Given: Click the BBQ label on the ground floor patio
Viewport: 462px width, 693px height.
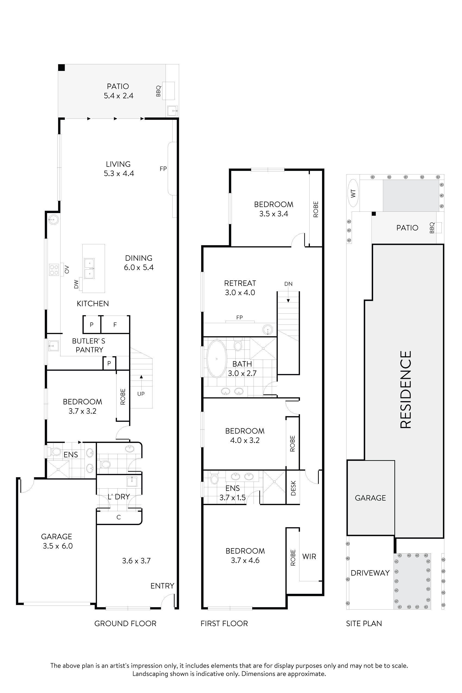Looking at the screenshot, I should (158, 91).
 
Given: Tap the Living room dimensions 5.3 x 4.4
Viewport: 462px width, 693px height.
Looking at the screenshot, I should (119, 174).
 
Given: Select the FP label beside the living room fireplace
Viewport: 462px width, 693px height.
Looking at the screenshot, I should (163, 169).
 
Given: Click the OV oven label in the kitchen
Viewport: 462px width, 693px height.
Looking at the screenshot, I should (67, 269).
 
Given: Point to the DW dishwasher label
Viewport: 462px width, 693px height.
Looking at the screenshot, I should (76, 284).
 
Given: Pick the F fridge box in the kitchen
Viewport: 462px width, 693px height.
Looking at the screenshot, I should (115, 325).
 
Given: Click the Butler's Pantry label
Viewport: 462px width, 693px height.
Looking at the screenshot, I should (89, 345).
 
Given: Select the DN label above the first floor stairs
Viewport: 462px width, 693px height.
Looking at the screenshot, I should (288, 284).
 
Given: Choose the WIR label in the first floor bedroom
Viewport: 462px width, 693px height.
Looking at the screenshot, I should (309, 557).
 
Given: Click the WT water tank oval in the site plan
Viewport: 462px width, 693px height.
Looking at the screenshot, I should (354, 193).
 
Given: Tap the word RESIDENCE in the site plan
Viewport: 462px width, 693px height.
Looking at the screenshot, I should (406, 389).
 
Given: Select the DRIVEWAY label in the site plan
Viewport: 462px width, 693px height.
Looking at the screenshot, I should (370, 573).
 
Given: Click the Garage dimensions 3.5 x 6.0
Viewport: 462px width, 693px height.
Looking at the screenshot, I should (57, 546).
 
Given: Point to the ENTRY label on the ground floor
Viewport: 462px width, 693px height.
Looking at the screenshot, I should (162, 586).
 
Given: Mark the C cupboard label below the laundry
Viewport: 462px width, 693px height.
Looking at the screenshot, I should (118, 517).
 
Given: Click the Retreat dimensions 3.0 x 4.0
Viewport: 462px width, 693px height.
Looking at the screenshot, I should (240, 293).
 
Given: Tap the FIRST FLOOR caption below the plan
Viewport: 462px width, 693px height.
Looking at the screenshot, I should (224, 623).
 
